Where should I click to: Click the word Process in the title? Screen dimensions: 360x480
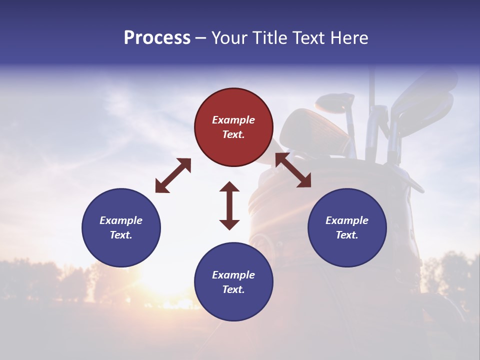pyautogui.click(x=157, y=38)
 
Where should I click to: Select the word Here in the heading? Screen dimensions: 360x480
pyautogui.click(x=349, y=38)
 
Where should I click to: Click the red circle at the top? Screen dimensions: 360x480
pyautogui.click(x=233, y=127)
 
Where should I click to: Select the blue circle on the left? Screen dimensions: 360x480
pyautogui.click(x=121, y=227)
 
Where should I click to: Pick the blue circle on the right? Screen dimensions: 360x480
pyautogui.click(x=347, y=227)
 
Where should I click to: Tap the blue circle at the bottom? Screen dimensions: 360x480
pyautogui.click(x=233, y=282)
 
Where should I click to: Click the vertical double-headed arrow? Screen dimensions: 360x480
pyautogui.click(x=229, y=205)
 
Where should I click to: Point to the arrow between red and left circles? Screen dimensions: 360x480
pyautogui.click(x=173, y=175)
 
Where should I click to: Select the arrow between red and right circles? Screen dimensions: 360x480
pyautogui.click(x=293, y=170)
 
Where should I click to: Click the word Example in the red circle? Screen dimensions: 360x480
pyautogui.click(x=233, y=120)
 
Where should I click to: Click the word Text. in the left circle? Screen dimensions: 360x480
pyautogui.click(x=121, y=235)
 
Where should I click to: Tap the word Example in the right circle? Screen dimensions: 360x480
pyautogui.click(x=347, y=220)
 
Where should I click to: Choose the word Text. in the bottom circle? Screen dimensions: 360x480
pyautogui.click(x=233, y=289)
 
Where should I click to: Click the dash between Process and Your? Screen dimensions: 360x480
pyautogui.click(x=201, y=38)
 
